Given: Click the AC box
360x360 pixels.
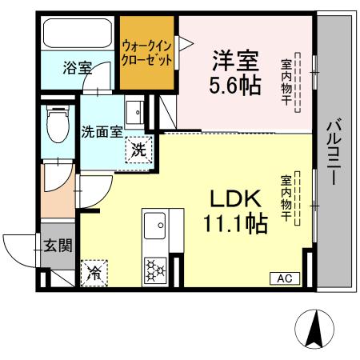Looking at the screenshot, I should tap(285, 278).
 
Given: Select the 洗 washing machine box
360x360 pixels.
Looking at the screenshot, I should tap(139, 148).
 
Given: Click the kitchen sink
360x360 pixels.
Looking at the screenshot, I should tap(154, 228).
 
